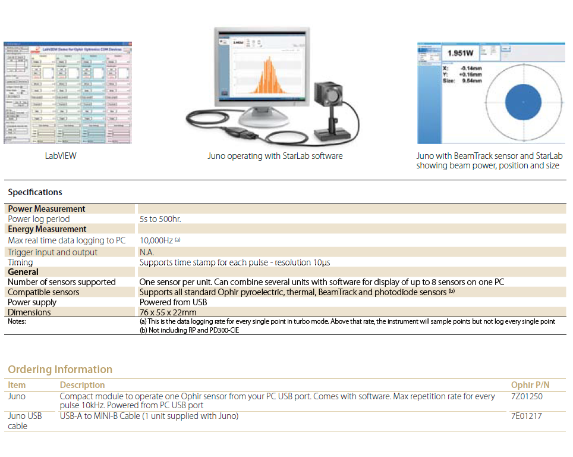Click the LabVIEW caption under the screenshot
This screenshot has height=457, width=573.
[61, 156]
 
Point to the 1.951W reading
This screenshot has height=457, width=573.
[460, 54]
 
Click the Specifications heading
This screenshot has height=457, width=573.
[35, 192]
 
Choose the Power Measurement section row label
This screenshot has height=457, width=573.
[46, 209]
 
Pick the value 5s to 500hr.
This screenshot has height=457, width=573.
[160, 219]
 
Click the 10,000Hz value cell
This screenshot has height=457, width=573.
[156, 240]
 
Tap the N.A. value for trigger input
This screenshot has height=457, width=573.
[147, 252]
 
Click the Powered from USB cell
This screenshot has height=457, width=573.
[173, 302]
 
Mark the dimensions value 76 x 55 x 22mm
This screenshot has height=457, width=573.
[168, 312]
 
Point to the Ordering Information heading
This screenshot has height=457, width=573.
[60, 370]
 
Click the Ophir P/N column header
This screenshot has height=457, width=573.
[530, 385]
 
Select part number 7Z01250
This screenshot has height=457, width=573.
[527, 396]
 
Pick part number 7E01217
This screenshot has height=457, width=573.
[527, 416]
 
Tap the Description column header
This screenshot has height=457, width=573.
[82, 385]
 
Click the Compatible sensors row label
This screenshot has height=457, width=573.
[43, 292]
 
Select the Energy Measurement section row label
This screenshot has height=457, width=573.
[47, 229]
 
